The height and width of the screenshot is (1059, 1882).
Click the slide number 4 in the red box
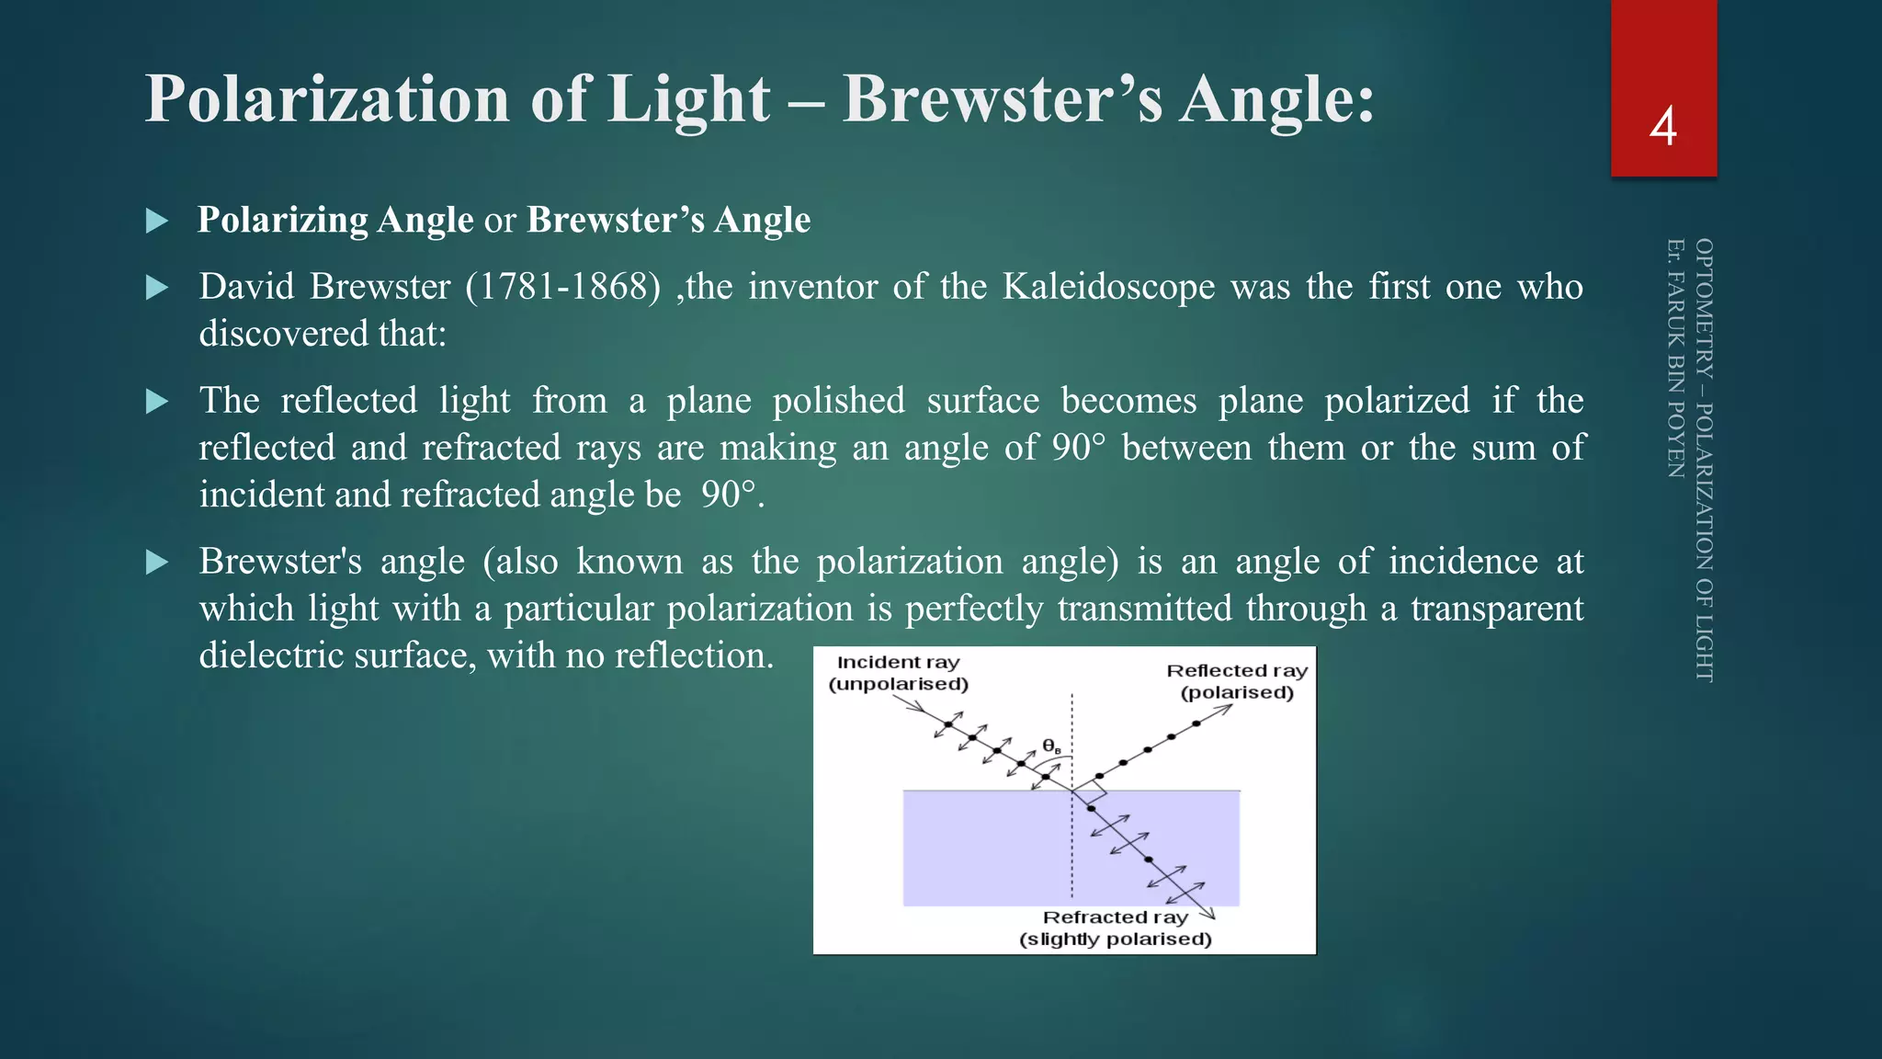coord(1662,127)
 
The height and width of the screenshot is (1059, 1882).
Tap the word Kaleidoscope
coord(1108,287)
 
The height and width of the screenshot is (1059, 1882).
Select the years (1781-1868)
coord(562,287)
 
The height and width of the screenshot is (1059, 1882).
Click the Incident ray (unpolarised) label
coord(898,673)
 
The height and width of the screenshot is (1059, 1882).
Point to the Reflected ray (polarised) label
coord(1237,681)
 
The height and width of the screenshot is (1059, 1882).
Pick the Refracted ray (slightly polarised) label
coord(1115,928)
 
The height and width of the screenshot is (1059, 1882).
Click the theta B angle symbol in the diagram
coord(1051,746)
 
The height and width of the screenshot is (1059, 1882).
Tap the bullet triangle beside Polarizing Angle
coord(157,221)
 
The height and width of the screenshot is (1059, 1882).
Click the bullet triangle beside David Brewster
coord(157,288)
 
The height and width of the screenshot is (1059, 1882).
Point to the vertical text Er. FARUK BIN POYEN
coord(1675,359)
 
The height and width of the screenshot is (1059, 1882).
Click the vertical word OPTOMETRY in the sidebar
coord(1704,309)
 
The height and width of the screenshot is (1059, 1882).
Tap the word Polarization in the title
coord(327,99)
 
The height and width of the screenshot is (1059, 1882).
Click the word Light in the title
coord(689,99)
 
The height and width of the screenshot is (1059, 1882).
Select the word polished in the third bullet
coord(838,401)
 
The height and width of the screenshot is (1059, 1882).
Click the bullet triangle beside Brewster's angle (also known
coord(157,563)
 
